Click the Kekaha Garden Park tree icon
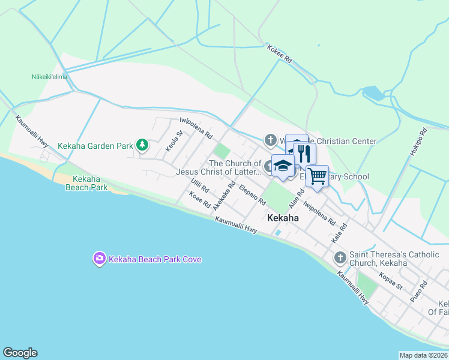[142, 145]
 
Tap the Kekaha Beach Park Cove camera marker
[99, 259]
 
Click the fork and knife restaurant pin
[304, 154]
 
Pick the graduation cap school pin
[282, 166]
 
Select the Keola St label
[173, 142]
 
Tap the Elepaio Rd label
[252, 194]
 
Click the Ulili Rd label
[199, 185]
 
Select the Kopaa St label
[391, 281]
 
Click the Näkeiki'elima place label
[49, 77]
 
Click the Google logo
[20, 353]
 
